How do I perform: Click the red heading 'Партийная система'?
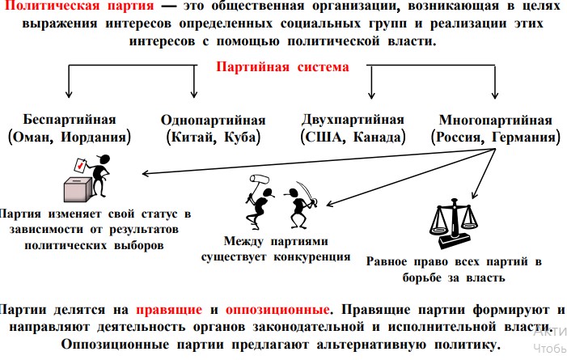[x=282, y=67]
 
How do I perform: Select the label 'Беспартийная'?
[x=70, y=120]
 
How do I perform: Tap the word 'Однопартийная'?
[x=214, y=120]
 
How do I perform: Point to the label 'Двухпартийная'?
[x=353, y=120]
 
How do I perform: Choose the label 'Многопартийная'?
[x=495, y=120]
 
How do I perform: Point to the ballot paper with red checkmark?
[x=79, y=165]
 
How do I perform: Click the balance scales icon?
[x=454, y=223]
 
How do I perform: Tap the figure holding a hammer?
[x=260, y=202]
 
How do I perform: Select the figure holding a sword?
[x=300, y=205]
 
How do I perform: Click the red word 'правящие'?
[x=169, y=310]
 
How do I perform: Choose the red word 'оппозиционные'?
[x=277, y=310]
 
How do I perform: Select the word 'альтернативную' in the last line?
[x=371, y=345]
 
